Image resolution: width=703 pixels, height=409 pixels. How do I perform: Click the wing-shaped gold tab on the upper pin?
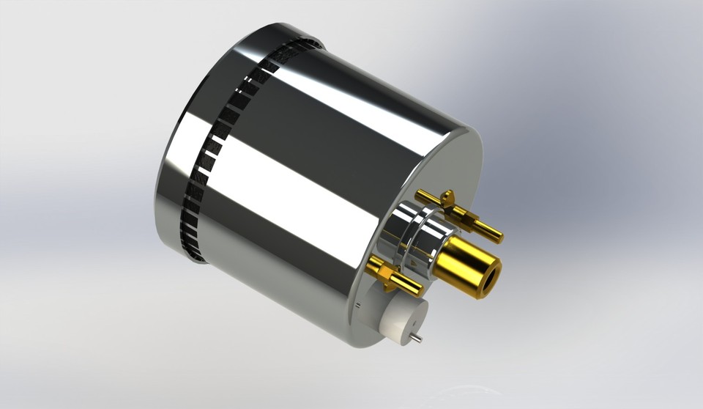(x=447, y=197)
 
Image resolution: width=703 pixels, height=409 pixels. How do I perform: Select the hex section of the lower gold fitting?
(x=395, y=277)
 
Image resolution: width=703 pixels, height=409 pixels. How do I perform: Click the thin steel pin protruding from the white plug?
(x=414, y=338)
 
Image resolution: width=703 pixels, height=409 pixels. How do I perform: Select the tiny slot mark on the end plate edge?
(x=354, y=303)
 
